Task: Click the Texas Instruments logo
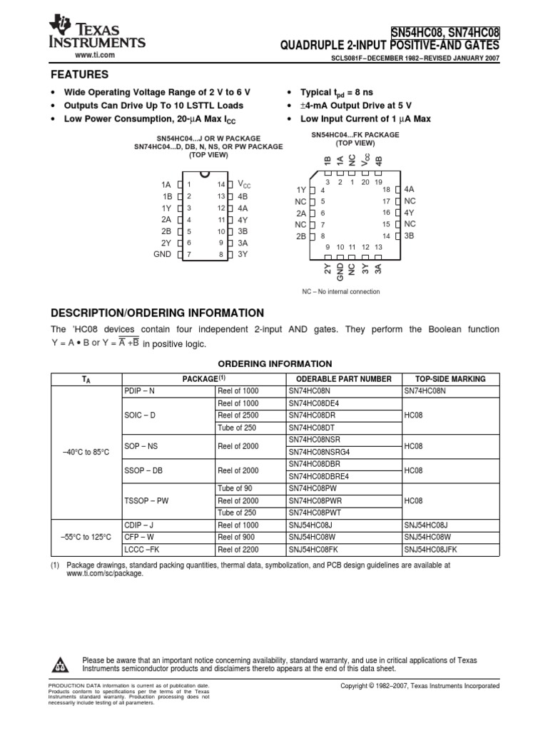click(x=96, y=34)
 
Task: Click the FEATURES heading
click(x=79, y=75)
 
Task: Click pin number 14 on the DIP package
click(x=221, y=185)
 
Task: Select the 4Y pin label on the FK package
click(x=409, y=213)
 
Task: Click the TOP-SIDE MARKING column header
click(x=450, y=379)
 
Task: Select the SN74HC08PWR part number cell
click(x=315, y=500)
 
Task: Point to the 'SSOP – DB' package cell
click(x=144, y=471)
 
